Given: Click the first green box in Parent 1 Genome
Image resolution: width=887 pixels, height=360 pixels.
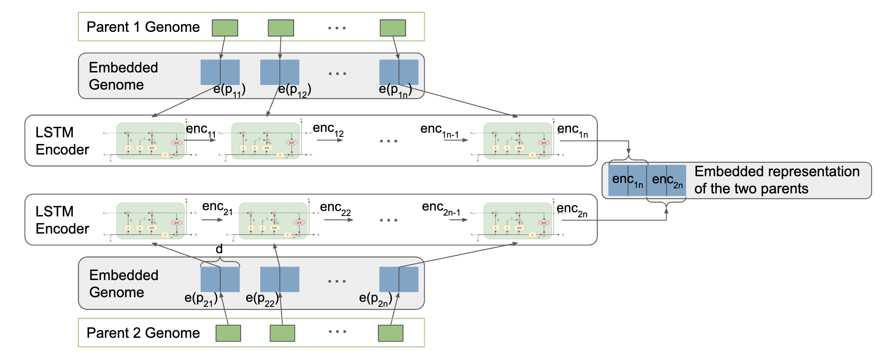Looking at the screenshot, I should click(225, 28).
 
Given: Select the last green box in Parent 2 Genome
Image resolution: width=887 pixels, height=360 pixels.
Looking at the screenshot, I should click(390, 333).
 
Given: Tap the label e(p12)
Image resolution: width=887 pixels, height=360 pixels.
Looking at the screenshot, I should click(295, 90).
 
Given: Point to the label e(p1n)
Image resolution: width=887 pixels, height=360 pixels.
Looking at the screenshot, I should click(395, 90).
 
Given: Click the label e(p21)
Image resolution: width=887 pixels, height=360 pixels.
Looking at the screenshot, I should click(201, 299).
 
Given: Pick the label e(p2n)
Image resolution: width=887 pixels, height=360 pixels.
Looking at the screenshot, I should click(375, 299).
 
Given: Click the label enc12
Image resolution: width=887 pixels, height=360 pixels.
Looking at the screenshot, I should click(328, 129).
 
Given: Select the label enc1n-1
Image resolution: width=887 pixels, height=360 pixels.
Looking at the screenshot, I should click(439, 130).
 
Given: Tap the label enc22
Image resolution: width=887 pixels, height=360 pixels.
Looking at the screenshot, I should click(335, 208).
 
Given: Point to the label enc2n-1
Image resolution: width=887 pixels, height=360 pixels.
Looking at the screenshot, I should click(441, 208).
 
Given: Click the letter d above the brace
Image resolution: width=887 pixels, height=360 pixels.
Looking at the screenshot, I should click(219, 249).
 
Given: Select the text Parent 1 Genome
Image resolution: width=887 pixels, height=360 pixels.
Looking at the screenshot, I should click(143, 27).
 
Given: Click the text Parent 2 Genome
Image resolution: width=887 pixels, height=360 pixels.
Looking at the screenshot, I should click(143, 333).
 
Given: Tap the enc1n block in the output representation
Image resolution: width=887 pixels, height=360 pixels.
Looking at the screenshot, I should click(627, 180).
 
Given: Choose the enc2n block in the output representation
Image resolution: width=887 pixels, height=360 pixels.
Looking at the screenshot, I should click(667, 180).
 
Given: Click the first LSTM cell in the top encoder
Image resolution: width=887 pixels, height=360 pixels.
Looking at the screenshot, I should click(151, 141).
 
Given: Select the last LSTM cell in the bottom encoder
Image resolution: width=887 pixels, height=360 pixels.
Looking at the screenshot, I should click(518, 221).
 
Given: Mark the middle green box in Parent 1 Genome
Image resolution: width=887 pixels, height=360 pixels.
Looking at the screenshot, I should click(281, 28).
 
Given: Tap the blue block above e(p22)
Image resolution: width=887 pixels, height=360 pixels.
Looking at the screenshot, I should click(279, 279).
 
